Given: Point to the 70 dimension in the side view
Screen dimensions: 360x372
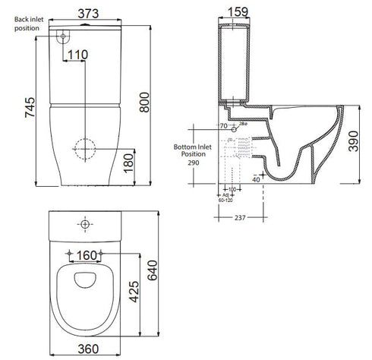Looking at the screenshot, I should [222, 126].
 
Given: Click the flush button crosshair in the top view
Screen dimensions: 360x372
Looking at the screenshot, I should [84, 225].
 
